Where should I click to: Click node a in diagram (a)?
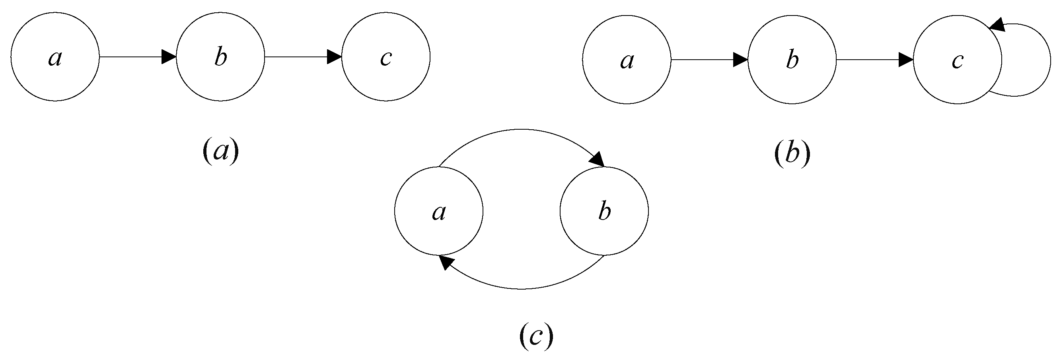(x=55, y=57)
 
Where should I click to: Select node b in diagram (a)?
(x=221, y=57)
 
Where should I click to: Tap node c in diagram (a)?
(x=386, y=57)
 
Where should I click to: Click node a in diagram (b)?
(x=627, y=60)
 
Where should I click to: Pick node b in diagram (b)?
(x=792, y=60)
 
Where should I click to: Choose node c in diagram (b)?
(x=958, y=60)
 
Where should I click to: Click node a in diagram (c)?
(x=439, y=211)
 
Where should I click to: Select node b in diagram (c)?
(x=604, y=211)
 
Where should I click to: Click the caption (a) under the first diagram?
(x=221, y=152)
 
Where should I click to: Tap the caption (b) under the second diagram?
(x=792, y=154)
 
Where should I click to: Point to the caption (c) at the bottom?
(x=536, y=337)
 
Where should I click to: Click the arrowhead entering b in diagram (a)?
(x=169, y=57)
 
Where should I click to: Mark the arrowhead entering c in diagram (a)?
(x=334, y=57)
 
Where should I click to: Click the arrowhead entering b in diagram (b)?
(x=740, y=60)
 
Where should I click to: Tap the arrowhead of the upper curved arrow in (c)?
(x=598, y=160)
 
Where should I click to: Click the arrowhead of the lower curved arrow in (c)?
(x=446, y=262)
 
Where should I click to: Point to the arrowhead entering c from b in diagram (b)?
(x=906, y=60)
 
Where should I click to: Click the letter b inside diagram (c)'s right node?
(x=604, y=212)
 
